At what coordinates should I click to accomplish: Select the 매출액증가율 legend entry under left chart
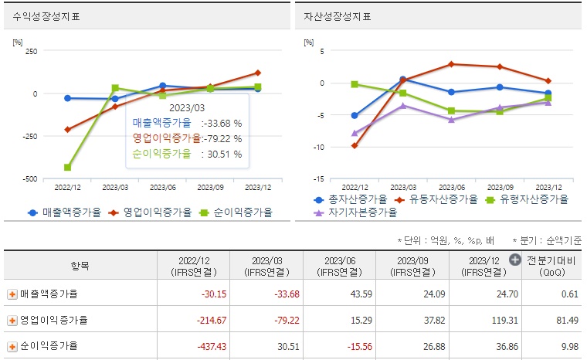tap(66, 212)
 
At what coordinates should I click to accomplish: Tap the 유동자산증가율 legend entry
tap(439, 199)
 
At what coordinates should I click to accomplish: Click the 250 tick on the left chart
tap(31, 51)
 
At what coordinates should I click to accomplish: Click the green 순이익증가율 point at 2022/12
tap(68, 167)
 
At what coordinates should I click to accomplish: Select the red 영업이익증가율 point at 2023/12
tap(257, 73)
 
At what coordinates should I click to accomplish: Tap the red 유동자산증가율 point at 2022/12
tap(355, 145)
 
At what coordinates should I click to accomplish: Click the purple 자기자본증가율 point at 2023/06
tap(451, 120)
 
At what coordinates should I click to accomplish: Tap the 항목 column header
tap(80, 266)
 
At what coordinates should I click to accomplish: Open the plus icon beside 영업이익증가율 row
tap(12, 320)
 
